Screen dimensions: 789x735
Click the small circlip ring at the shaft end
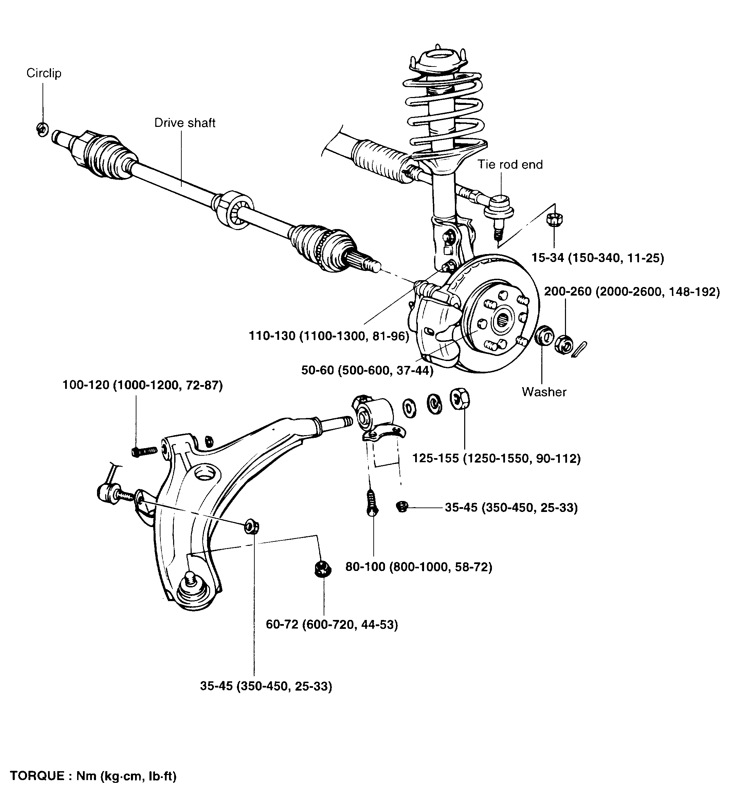click(42, 129)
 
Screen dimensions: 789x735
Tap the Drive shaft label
click(184, 123)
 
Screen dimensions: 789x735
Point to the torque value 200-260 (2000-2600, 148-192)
click(631, 292)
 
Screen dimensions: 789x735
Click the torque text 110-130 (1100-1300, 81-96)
click(329, 336)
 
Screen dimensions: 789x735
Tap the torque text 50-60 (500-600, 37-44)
click(367, 370)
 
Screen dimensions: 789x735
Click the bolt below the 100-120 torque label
click(144, 451)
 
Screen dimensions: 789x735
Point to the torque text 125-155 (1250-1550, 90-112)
click(496, 458)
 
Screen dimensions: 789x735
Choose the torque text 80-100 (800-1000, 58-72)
click(418, 567)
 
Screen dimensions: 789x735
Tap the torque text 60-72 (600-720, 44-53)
click(332, 625)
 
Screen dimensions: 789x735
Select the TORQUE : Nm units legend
click(93, 776)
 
